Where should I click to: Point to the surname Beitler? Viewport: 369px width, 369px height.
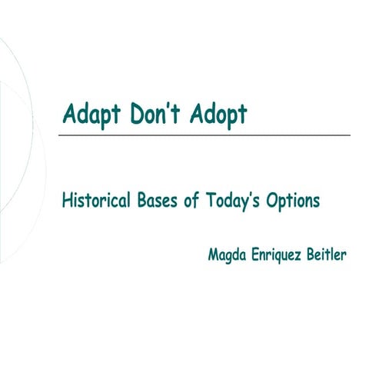[x=326, y=254]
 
